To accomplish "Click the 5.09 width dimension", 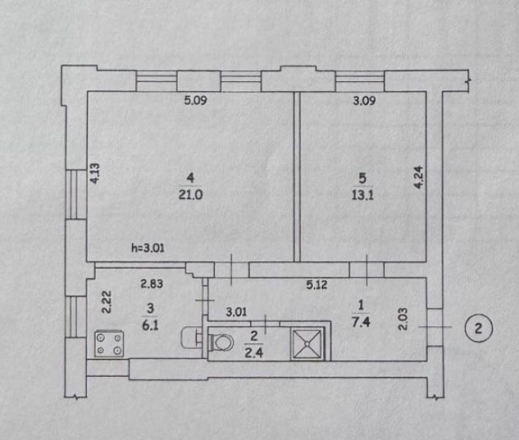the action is pyautogui.click(x=196, y=100).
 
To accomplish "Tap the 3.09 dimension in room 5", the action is pyautogui.click(x=364, y=100).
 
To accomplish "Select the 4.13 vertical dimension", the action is pyautogui.click(x=94, y=174).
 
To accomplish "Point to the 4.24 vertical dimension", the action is pyautogui.click(x=419, y=177).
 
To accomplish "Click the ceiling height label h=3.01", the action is pyautogui.click(x=148, y=247).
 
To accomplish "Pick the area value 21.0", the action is pyautogui.click(x=190, y=195).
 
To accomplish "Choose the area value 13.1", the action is pyautogui.click(x=362, y=195).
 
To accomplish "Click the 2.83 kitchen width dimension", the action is pyautogui.click(x=152, y=284).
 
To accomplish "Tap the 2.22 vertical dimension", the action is pyautogui.click(x=107, y=302).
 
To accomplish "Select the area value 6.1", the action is pyautogui.click(x=150, y=325).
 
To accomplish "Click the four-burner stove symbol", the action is pyautogui.click(x=109, y=344).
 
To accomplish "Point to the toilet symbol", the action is pyautogui.click(x=220, y=342).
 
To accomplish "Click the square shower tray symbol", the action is pyautogui.click(x=307, y=344).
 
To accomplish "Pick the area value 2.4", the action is pyautogui.click(x=253, y=352).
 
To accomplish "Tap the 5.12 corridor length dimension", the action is pyautogui.click(x=316, y=284).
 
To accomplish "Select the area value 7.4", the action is pyautogui.click(x=361, y=321).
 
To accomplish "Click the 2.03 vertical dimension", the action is pyautogui.click(x=403, y=319).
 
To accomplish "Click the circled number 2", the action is pyautogui.click(x=479, y=329).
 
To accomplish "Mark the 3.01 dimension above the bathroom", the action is pyautogui.click(x=236, y=311).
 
